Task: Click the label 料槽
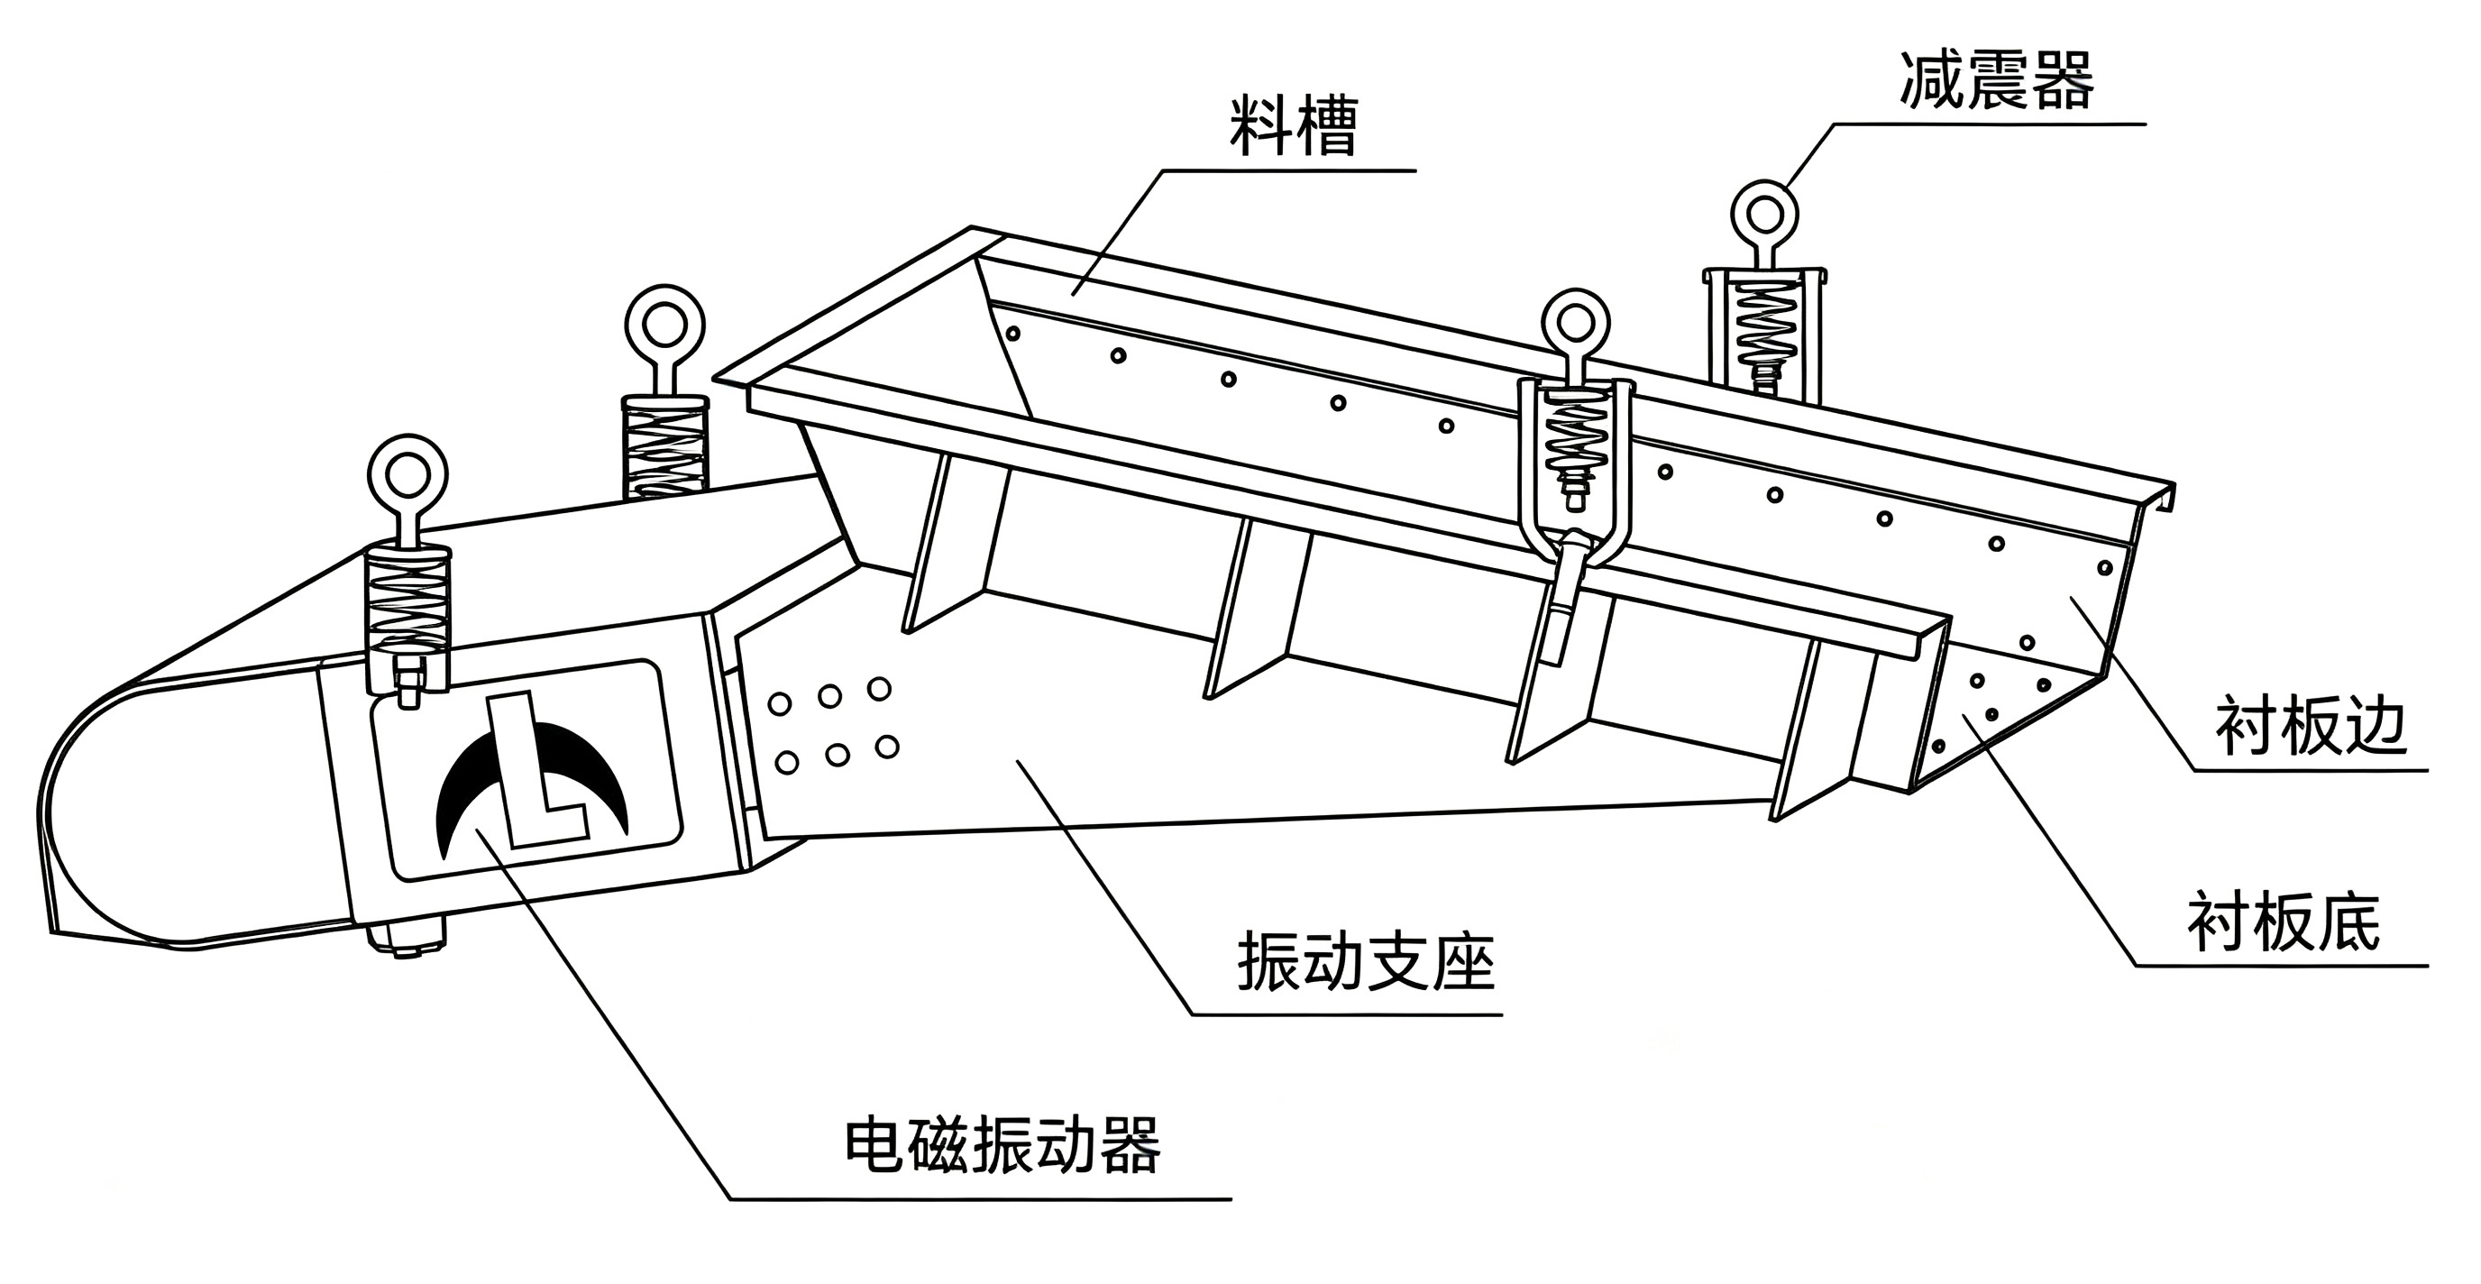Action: tap(1294, 125)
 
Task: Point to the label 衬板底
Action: tap(2283, 922)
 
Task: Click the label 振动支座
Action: tap(1366, 960)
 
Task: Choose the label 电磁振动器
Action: tap(1002, 1144)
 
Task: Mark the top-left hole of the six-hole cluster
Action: tap(779, 703)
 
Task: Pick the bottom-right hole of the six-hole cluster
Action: tap(887, 747)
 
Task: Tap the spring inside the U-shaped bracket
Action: tap(1576, 437)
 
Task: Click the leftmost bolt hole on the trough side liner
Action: tap(1012, 334)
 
